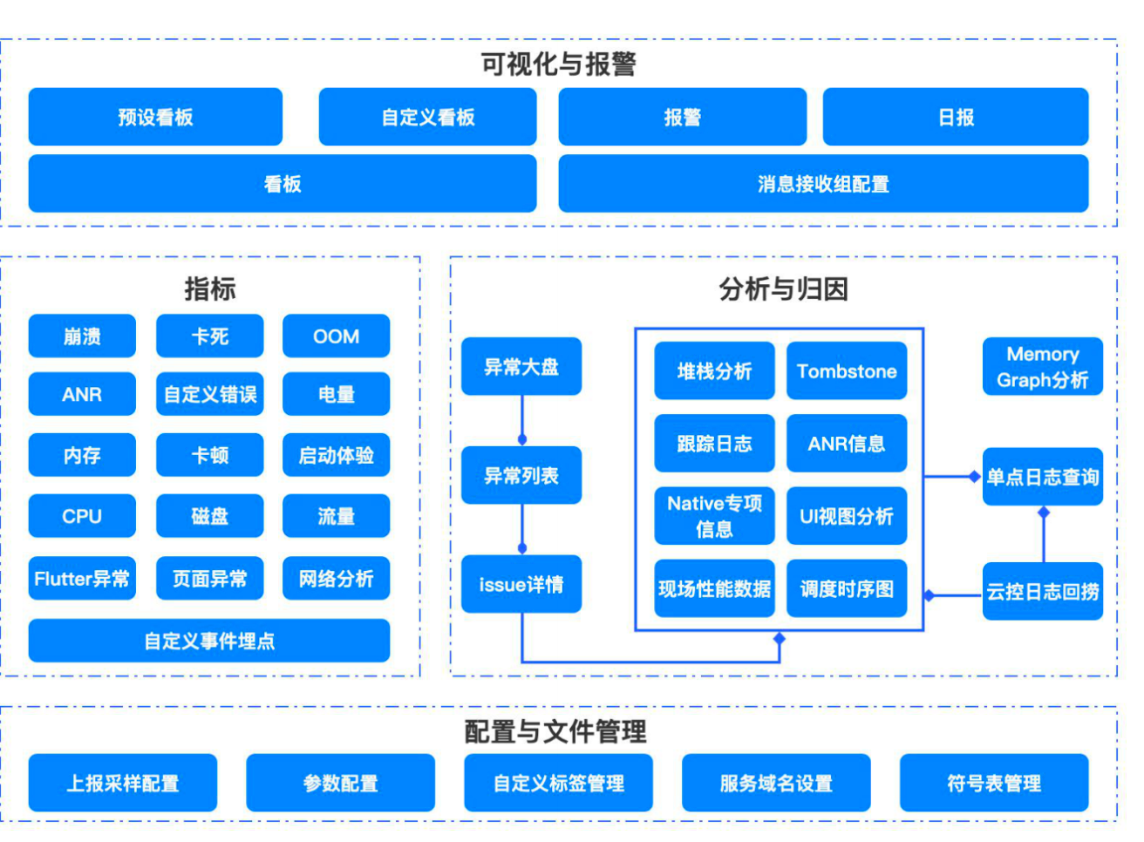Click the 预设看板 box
[155, 117]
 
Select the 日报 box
[956, 117]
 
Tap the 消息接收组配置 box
[823, 183]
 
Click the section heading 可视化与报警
[558, 65]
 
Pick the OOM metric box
[336, 336]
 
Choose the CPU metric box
[82, 516]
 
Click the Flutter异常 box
[82, 578]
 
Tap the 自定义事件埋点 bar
[209, 641]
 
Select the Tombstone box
[847, 371]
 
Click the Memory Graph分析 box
[1043, 367]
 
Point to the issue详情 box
[521, 584]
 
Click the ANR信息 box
[847, 443]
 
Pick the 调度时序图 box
[847, 588]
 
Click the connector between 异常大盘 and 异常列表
[522, 421]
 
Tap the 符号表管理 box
[994, 783]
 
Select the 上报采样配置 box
[123, 783]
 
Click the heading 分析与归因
[783, 289]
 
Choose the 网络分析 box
[336, 578]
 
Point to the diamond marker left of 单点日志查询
[975, 477]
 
